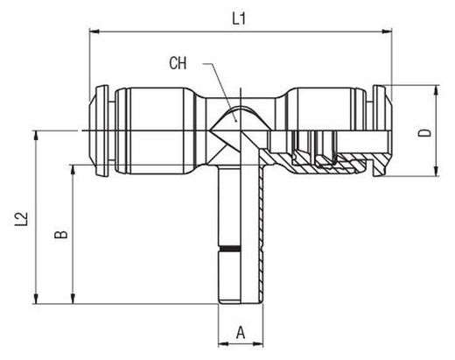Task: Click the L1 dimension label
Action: click(239, 19)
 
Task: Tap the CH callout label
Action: click(178, 63)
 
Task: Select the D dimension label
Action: click(424, 133)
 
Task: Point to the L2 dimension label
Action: click(21, 219)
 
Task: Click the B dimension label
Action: click(61, 234)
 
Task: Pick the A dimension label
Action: click(241, 333)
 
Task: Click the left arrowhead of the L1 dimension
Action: click(94, 32)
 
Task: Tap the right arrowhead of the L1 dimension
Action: click(387, 32)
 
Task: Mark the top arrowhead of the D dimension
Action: click(437, 90)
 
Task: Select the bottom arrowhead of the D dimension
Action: click(437, 172)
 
